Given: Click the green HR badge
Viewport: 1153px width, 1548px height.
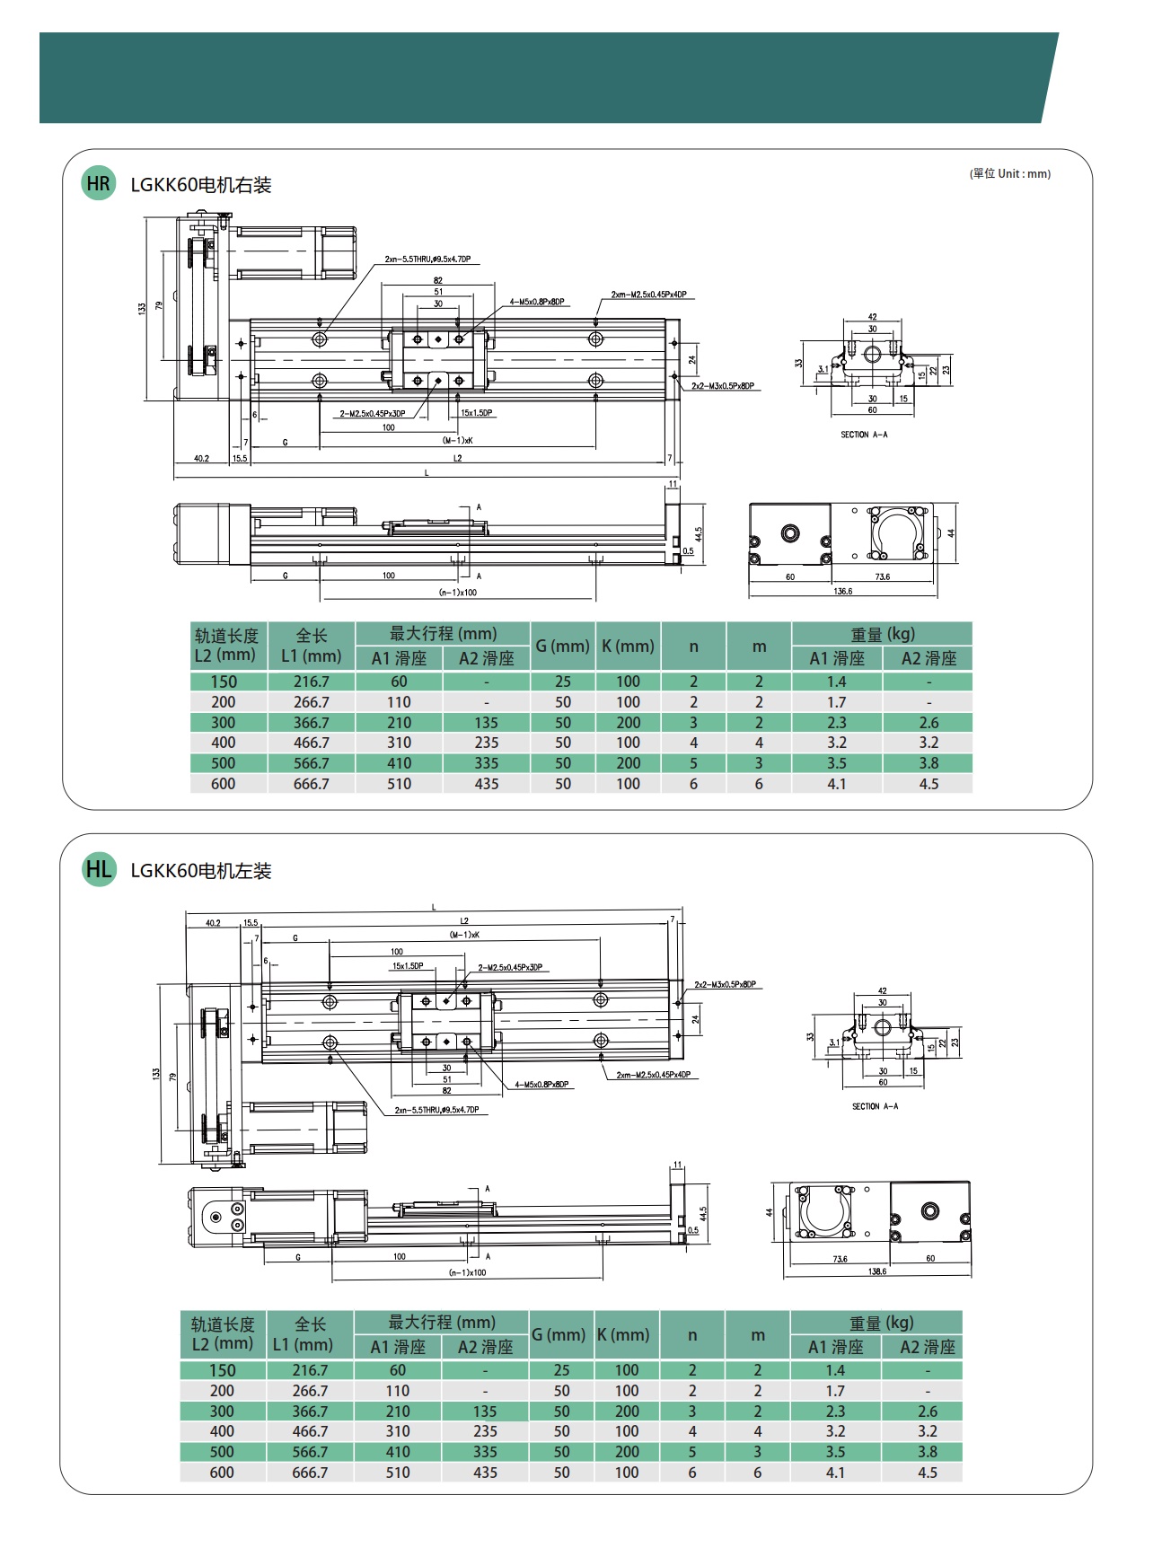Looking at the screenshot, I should [98, 184].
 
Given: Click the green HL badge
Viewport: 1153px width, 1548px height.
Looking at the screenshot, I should [99, 869].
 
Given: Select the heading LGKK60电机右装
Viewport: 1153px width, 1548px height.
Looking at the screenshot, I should [200, 185].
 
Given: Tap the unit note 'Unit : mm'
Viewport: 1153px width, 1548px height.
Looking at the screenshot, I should [1010, 173].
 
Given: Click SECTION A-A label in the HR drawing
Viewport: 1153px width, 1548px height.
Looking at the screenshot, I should [864, 435].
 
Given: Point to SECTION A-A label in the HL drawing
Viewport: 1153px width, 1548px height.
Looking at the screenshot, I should [875, 1106].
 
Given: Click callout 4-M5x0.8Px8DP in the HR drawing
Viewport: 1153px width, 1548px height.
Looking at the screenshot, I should [537, 302].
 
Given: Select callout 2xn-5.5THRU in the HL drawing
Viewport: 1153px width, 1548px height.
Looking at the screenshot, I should [436, 1110].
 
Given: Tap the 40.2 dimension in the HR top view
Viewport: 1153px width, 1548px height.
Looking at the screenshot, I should [201, 458].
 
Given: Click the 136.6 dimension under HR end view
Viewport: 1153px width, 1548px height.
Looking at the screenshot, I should [842, 592].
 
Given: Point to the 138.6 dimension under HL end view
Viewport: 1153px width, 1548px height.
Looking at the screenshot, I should [877, 1271].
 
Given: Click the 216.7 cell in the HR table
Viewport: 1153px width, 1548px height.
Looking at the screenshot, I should [312, 682].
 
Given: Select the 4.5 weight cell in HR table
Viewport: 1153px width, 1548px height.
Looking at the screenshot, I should [929, 784].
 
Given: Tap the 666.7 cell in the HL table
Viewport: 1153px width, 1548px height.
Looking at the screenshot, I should [310, 1473].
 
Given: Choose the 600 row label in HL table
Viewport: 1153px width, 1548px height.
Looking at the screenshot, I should [222, 1473].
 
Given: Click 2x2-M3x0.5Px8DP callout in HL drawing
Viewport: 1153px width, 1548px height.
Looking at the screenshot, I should [725, 984].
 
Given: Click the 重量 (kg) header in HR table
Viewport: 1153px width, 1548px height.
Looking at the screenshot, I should [882, 634].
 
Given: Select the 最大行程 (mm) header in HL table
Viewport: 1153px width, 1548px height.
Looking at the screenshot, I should [442, 1322].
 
